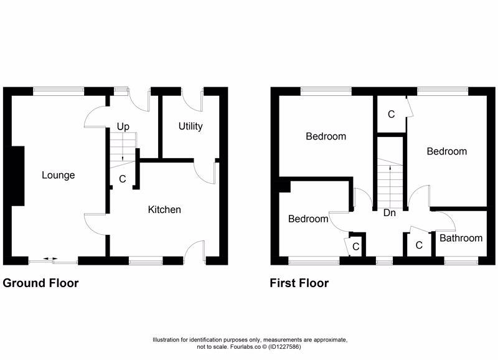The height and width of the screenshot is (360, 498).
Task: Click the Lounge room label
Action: click(59, 175)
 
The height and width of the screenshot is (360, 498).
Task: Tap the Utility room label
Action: click(190, 126)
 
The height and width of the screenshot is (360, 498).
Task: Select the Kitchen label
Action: click(164, 209)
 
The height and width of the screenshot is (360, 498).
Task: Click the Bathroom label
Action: click(461, 238)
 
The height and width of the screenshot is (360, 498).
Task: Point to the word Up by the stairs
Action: click(123, 126)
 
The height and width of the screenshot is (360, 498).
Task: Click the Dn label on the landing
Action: click(390, 213)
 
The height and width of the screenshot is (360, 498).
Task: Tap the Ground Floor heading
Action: click(41, 283)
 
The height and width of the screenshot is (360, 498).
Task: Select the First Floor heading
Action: click(299, 283)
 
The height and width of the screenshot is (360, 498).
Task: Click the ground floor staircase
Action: click(122, 153)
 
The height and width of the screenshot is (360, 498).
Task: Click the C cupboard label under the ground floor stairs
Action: click(122, 179)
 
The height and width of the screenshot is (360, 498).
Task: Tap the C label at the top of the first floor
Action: click(391, 115)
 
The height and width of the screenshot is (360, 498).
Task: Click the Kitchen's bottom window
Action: click(146, 261)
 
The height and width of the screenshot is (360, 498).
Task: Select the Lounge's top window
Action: click(59, 91)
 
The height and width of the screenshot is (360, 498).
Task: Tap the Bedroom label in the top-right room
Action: click(446, 151)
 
